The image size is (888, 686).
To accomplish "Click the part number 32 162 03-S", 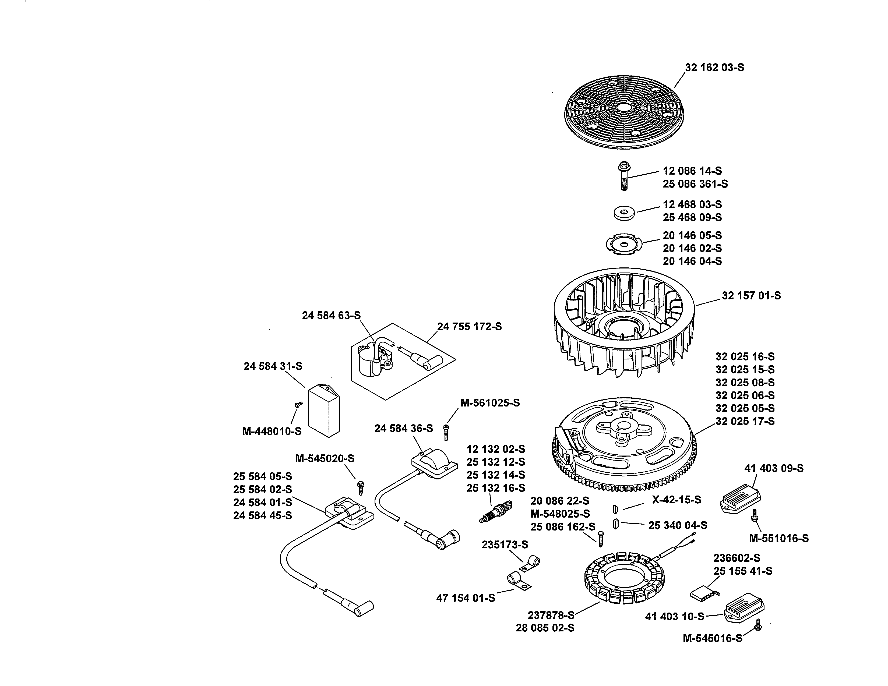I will click(714, 68).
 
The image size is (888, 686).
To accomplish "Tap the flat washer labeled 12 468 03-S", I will click(624, 213).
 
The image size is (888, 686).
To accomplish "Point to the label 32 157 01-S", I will click(751, 296).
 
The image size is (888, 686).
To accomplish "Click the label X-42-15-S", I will click(676, 500).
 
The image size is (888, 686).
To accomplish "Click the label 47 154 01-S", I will click(466, 598).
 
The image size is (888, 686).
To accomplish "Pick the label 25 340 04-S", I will click(677, 525).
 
